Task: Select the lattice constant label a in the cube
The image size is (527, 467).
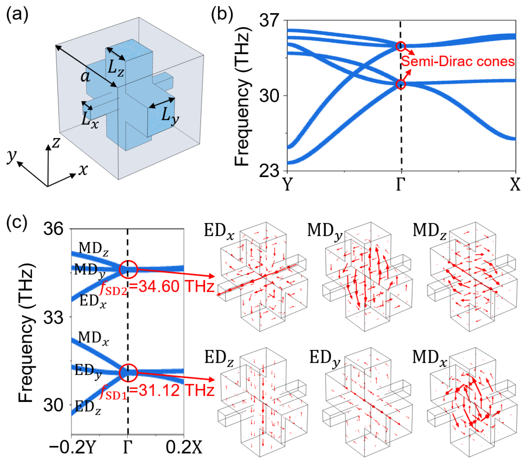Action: pyautogui.click(x=85, y=76)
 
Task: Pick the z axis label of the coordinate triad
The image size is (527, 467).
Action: pyautogui.click(x=56, y=143)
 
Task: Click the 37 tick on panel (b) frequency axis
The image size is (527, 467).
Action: pyautogui.click(x=269, y=20)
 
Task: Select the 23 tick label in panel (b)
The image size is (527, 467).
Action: pyautogui.click(x=269, y=171)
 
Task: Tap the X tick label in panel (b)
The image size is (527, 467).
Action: pyautogui.click(x=515, y=184)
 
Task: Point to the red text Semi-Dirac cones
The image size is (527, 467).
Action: pyautogui.click(x=458, y=62)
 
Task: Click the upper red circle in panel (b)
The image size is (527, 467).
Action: pyautogui.click(x=400, y=46)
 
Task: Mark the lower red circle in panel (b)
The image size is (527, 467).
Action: pyautogui.click(x=400, y=84)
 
